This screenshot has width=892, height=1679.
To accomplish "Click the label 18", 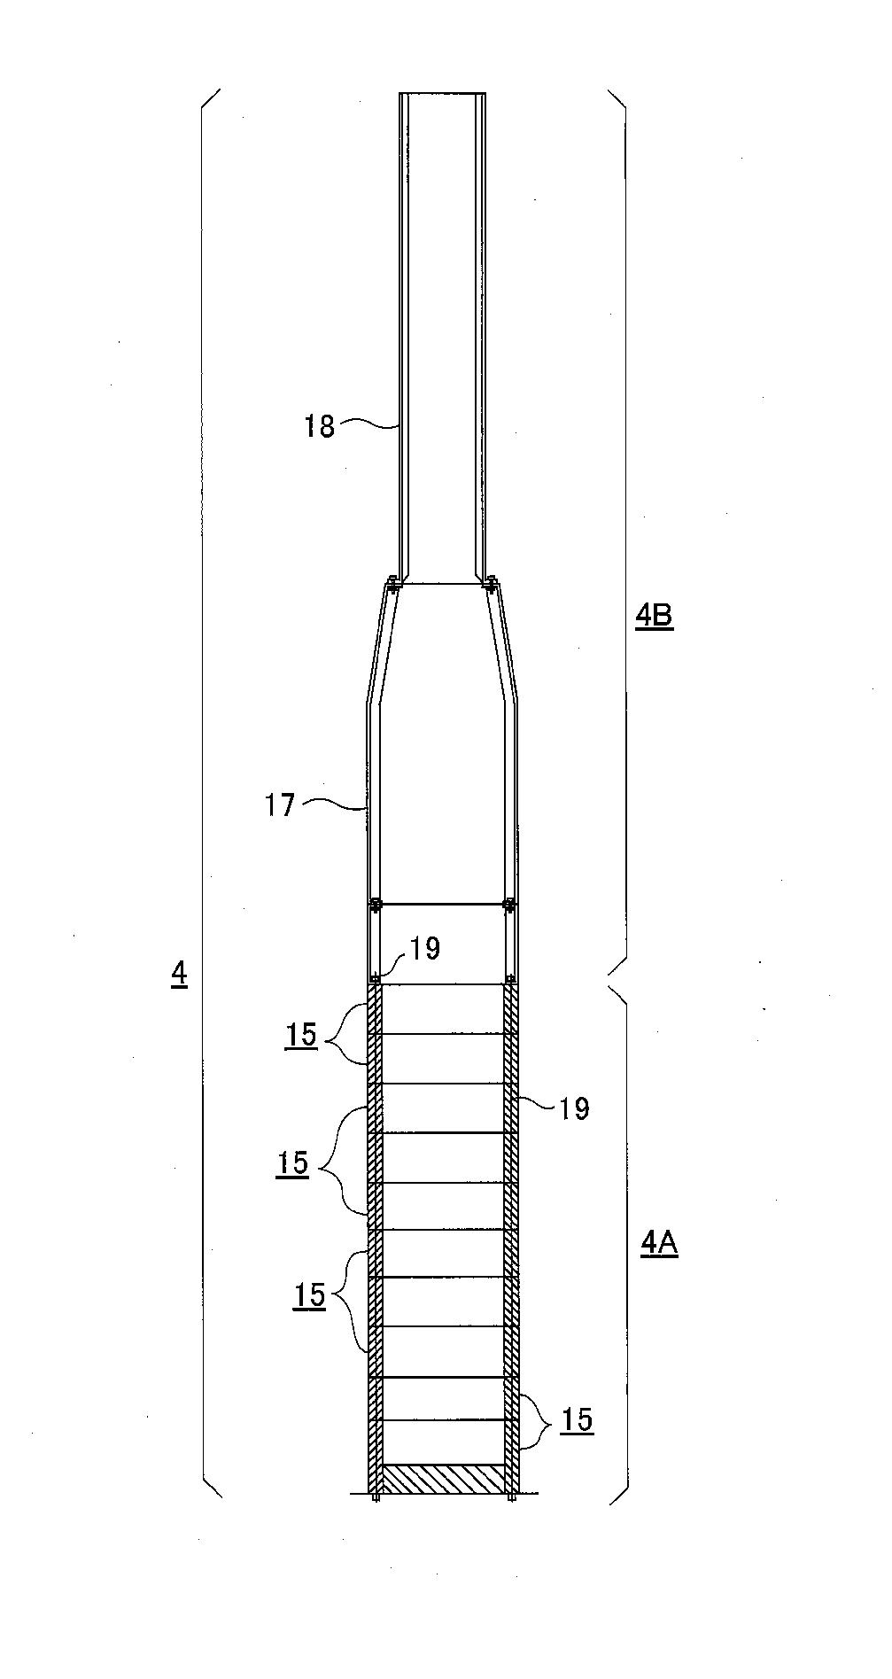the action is click(x=320, y=426).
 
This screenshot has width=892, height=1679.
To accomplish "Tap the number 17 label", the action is click(x=281, y=806).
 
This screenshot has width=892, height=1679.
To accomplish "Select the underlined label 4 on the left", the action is click(x=180, y=975).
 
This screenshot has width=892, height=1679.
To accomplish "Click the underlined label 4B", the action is click(x=655, y=615).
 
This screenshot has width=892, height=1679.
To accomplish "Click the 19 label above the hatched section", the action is click(x=425, y=949).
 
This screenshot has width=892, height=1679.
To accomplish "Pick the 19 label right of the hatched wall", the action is click(x=575, y=1108).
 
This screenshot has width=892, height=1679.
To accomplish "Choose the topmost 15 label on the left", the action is click(x=301, y=1035).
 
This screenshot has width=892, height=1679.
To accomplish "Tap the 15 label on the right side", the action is click(x=577, y=1419).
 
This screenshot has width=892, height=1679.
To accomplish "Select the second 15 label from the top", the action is click(x=292, y=1162).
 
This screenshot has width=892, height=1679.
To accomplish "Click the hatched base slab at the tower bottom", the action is click(x=442, y=1477).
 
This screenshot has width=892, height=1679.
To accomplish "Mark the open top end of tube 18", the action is click(x=442, y=93).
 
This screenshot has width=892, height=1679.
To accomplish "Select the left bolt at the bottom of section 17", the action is click(x=376, y=905).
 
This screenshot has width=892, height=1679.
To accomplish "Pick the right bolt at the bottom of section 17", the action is click(x=508, y=905).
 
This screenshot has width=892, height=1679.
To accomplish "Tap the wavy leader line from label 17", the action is click(x=333, y=805).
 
